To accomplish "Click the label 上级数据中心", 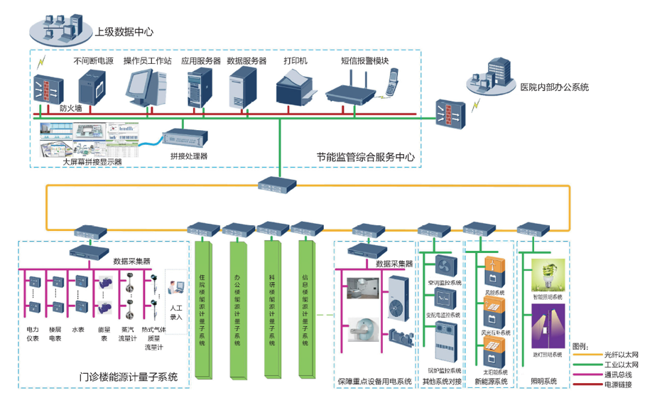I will coord(124,32).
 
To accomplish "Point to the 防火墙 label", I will coord(71,109).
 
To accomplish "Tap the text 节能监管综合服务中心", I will coord(365,157).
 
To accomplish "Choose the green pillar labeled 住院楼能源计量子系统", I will coord(203,313).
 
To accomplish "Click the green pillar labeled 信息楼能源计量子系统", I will coord(306,313).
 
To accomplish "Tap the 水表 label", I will coord(77,330).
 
